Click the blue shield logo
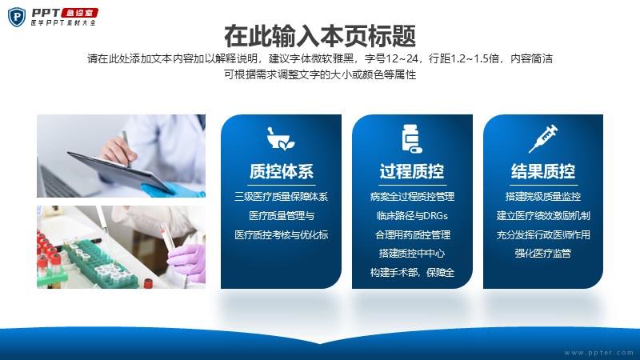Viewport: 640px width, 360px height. pos(17,17)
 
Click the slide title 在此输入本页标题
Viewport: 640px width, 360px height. pos(320,36)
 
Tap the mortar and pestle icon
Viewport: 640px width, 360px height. pos(281,138)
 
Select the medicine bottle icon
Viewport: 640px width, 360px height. pos(412,138)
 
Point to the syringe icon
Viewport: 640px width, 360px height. pos(543,138)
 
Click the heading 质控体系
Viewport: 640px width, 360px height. pos(282,171)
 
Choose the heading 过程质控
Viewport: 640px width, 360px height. pos(412,171)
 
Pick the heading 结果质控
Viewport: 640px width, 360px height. pos(543,171)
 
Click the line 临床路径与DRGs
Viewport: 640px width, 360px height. pos(412,215)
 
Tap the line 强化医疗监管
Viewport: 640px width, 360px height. pos(543,253)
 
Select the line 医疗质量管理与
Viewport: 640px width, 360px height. pos(282,215)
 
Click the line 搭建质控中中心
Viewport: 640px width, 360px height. pos(412,253)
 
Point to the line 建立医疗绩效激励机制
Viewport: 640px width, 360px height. pos(543,215)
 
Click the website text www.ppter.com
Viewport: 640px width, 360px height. pos(598,353)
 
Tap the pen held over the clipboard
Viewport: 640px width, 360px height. pos(126,148)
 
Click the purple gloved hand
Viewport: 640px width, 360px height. pos(187,262)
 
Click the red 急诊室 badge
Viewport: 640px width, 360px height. pos(79,13)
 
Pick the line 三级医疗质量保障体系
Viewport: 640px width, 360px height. pos(282,197)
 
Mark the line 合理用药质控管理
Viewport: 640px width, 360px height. pos(412,234)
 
